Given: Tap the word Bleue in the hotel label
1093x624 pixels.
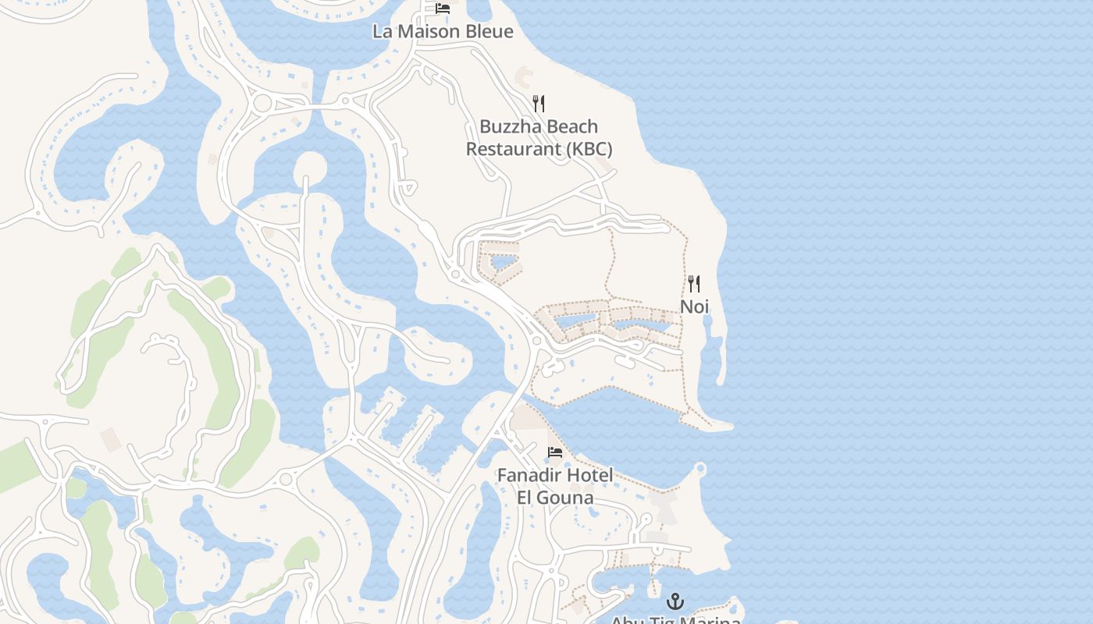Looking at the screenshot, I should click(490, 32).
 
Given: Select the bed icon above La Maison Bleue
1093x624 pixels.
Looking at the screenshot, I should click(443, 9).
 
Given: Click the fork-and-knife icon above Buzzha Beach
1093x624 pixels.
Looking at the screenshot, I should click(538, 103).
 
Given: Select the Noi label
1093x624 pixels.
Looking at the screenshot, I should click(694, 307).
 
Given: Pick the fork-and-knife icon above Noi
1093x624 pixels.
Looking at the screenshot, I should click(693, 283).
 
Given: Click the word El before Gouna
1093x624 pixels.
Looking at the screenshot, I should click(526, 497).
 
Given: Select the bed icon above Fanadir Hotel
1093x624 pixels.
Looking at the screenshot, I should click(554, 452).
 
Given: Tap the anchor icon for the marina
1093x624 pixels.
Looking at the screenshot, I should click(675, 601).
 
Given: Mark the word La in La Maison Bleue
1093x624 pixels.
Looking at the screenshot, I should click(383, 32).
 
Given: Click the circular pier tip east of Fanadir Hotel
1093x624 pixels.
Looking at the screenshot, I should click(700, 469).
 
